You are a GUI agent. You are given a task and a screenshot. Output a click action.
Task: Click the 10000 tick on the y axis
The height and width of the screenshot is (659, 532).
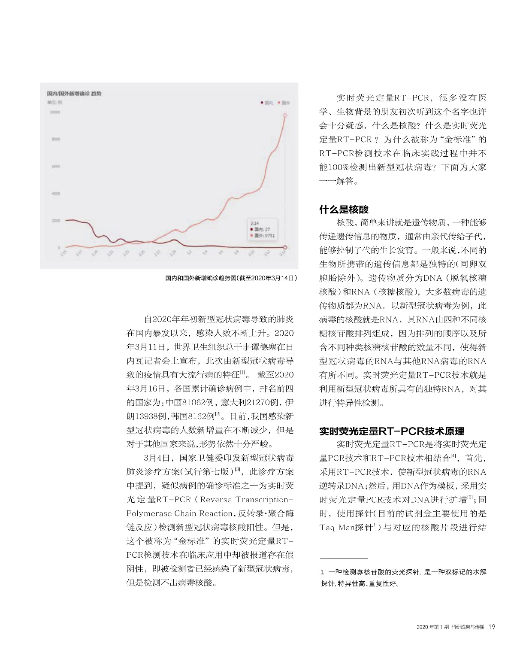click(55, 112)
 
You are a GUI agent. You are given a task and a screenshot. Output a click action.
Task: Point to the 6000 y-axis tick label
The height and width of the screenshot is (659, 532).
click(56, 167)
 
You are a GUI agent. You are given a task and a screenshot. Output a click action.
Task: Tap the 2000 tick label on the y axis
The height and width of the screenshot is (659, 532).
click(56, 221)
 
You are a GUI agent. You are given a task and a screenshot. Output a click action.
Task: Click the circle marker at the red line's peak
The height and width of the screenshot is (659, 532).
click(285, 115)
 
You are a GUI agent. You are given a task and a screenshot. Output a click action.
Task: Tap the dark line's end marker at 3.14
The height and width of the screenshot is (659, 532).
click(285, 247)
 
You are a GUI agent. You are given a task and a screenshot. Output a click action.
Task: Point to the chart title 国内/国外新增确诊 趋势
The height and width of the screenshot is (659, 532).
click(74, 94)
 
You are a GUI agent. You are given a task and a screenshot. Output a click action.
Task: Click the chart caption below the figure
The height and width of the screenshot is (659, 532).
click(231, 278)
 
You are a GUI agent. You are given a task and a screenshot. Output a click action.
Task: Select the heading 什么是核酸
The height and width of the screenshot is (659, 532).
click(344, 210)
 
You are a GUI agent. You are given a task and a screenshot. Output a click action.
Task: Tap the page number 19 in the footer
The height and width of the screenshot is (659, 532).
click(492, 627)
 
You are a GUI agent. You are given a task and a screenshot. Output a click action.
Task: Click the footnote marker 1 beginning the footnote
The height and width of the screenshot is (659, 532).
click(323, 572)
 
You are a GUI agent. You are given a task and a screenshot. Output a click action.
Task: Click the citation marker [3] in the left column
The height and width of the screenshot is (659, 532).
click(237, 469)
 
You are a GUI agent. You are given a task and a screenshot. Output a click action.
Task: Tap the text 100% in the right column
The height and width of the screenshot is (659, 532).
click(339, 167)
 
